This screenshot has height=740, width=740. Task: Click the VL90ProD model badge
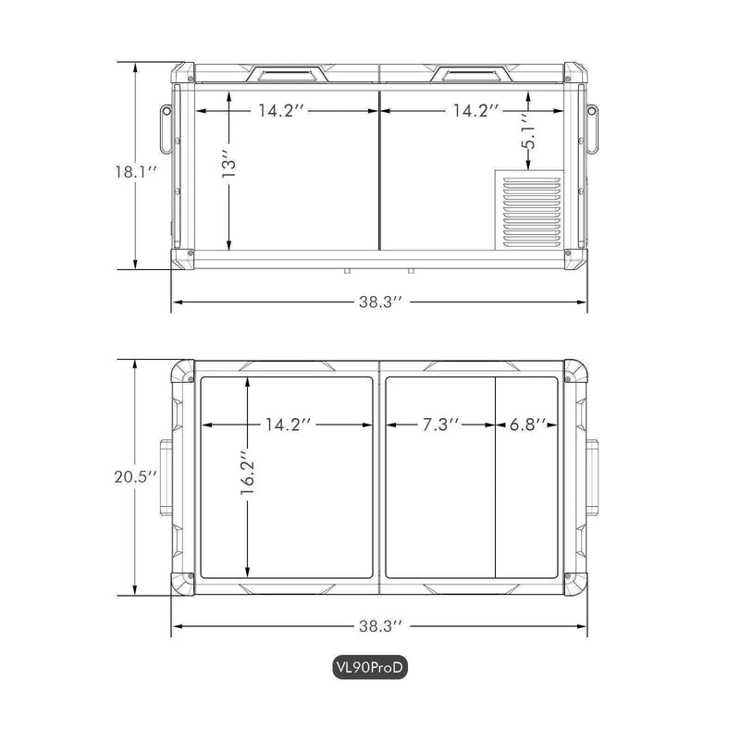pyautogui.click(x=369, y=667)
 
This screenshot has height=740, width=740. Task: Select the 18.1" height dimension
pyautogui.click(x=135, y=172)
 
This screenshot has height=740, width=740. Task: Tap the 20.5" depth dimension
pyautogui.click(x=135, y=476)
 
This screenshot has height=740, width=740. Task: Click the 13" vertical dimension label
pyautogui.click(x=228, y=165)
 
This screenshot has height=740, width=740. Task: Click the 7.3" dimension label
pyautogui.click(x=440, y=425)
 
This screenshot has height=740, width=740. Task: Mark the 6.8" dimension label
pyautogui.click(x=527, y=425)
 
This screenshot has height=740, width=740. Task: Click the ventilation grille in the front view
pyautogui.click(x=532, y=213)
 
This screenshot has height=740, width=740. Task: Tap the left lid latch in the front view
pyautogui.click(x=287, y=74)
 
